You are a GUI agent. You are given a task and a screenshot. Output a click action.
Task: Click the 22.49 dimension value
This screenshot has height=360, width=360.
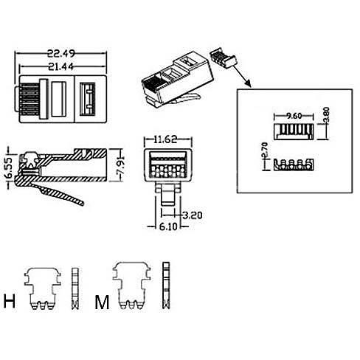click(x=61, y=53)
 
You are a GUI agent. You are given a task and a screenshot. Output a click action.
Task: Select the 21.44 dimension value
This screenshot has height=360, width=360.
click(x=60, y=66)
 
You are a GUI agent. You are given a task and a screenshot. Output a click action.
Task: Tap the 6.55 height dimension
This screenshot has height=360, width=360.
click(x=8, y=169)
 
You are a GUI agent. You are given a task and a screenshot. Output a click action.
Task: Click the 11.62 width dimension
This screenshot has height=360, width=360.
click(x=165, y=139)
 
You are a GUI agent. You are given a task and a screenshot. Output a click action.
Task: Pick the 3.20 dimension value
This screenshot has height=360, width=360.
click(x=193, y=215)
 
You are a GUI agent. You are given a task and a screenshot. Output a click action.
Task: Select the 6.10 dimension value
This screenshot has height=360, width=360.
click(x=168, y=226)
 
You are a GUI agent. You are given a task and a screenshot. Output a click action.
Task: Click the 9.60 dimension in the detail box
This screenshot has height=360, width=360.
click(x=294, y=116)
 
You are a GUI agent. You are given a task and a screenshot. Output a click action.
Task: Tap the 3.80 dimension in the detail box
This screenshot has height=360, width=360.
click(x=326, y=114)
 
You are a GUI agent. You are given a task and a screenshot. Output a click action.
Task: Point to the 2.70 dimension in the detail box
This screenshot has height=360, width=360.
click(x=264, y=150)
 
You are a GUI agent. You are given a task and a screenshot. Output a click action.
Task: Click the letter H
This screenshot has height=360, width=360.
click(x=10, y=301)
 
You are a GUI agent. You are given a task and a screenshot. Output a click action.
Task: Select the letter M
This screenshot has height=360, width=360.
click(x=102, y=302)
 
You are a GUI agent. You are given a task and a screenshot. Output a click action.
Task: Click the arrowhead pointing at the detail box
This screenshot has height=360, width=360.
click(x=248, y=83)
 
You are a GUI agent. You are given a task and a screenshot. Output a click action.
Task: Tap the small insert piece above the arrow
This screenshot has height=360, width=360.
click(x=223, y=58)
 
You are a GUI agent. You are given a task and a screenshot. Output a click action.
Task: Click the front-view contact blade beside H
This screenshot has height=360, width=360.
click(x=43, y=288)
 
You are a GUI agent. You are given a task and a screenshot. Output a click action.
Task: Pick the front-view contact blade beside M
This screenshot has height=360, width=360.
click(x=131, y=285)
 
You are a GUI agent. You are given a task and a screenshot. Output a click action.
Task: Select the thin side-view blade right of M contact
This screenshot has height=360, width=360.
click(x=166, y=285)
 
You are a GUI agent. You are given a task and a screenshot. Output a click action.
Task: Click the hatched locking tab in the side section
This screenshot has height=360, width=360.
click(x=59, y=193)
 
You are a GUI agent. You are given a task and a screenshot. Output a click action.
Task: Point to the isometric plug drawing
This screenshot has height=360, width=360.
click(x=178, y=80)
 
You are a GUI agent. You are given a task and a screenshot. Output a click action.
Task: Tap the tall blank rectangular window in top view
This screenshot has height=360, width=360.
click(x=59, y=99)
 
